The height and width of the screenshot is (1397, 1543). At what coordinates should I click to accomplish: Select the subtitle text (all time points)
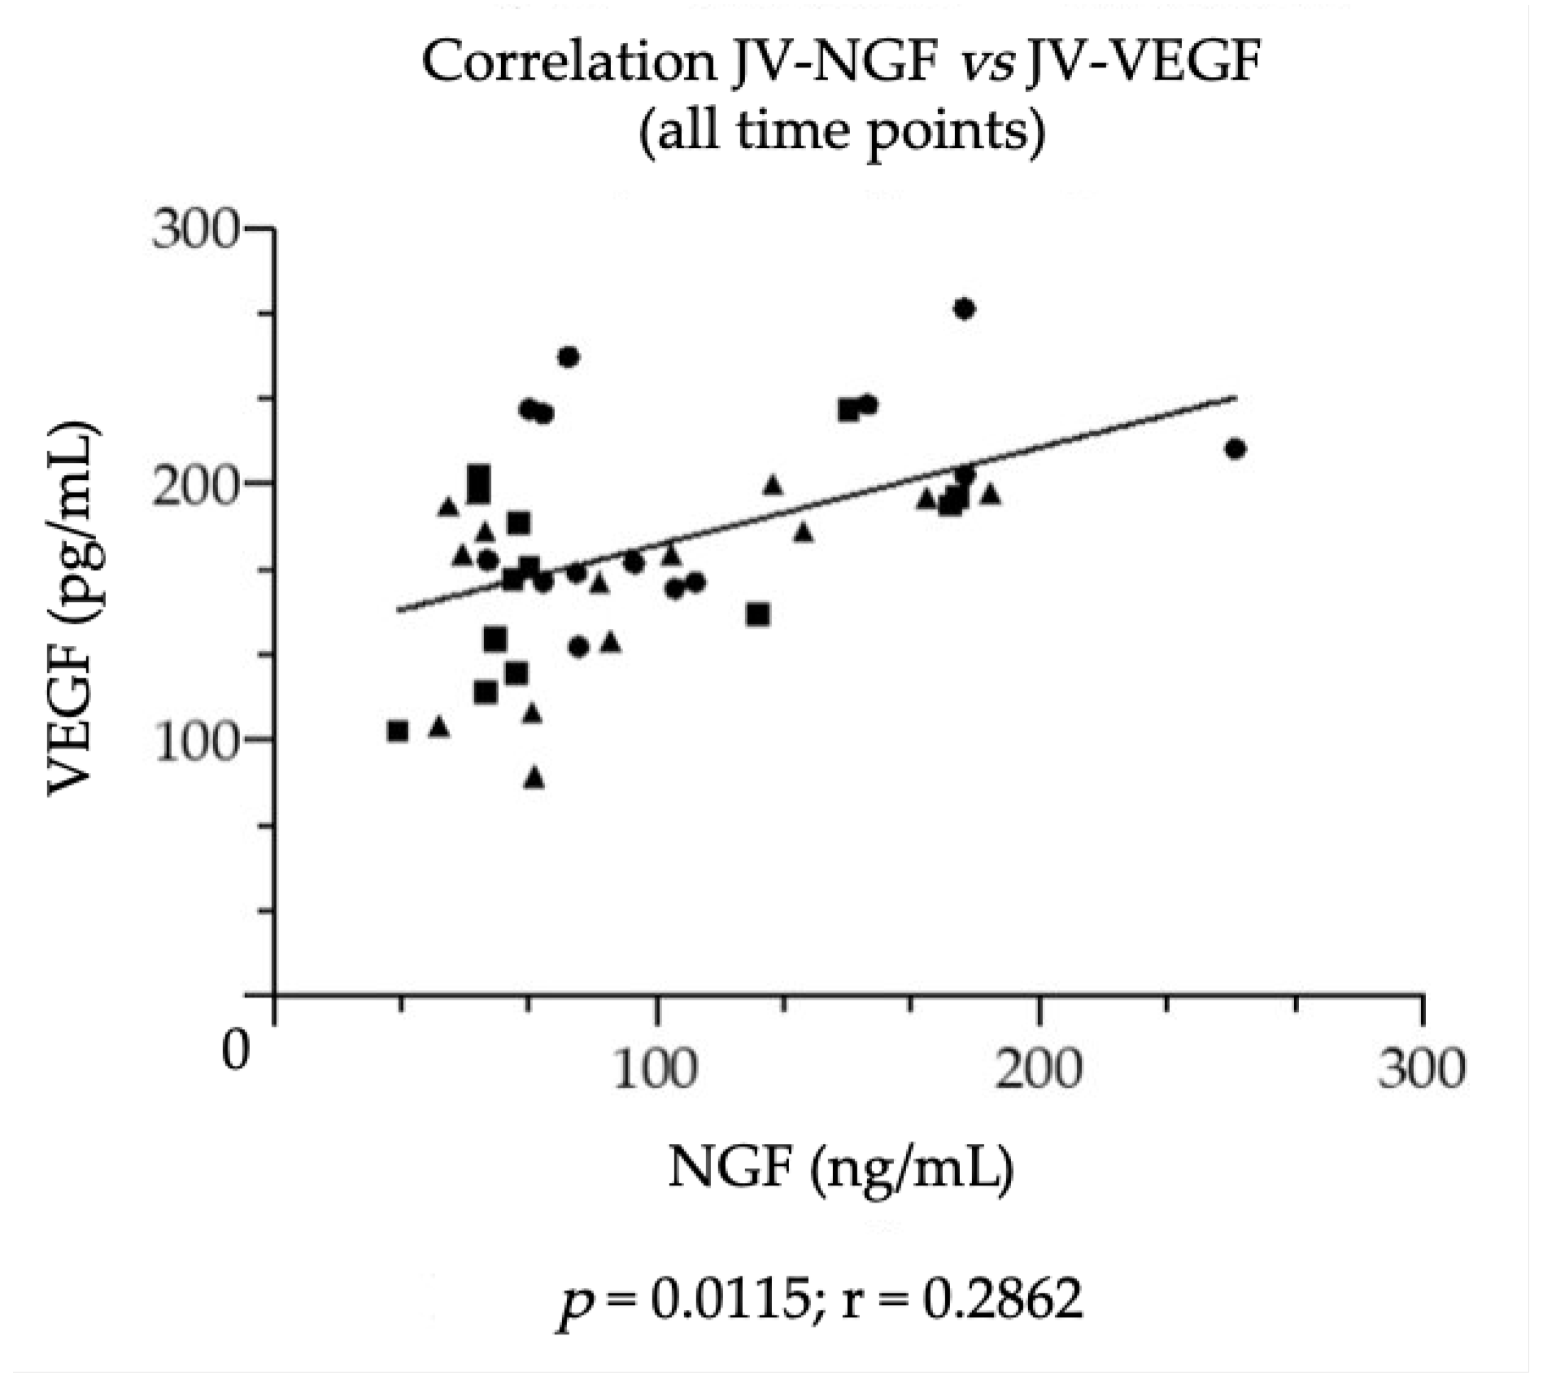coord(840,130)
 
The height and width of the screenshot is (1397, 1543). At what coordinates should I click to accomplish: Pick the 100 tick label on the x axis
coord(656,1067)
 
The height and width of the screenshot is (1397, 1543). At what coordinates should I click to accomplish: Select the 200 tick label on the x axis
coord(1039,1067)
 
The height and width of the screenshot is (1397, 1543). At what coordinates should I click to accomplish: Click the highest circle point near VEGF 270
coord(965,309)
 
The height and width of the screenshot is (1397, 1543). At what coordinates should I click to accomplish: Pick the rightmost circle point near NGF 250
coord(1236,449)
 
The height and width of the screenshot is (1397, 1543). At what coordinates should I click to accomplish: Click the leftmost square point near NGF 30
coord(398,731)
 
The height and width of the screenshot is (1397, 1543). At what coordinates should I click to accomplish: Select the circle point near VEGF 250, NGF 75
coord(569,357)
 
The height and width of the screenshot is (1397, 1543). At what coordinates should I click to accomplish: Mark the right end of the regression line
coord(1236,398)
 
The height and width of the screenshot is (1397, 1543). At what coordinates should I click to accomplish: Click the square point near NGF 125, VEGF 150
coord(758,614)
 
